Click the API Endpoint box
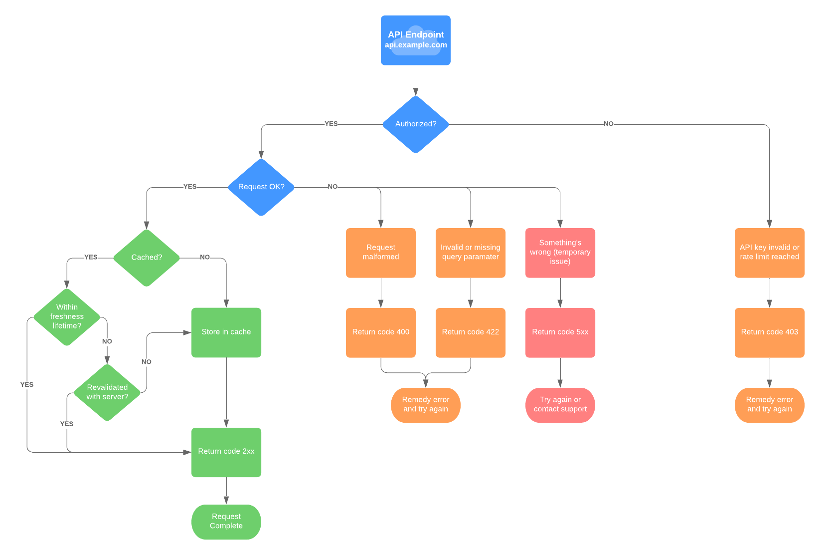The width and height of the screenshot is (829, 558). coord(415,40)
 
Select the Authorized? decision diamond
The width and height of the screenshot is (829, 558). coord(415,124)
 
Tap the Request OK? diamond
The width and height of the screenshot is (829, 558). coord(261,187)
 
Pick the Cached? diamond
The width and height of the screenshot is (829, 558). coord(147,258)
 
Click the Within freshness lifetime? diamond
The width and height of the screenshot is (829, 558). coord(67,317)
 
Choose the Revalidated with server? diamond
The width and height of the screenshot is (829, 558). coord(107,392)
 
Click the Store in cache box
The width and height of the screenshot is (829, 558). coord(226,332)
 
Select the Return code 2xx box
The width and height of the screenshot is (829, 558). coord(226,452)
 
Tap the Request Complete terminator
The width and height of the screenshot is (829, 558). coord(226,522)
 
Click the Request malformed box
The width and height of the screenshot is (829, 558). coord(381,253)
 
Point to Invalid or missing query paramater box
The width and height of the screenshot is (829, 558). coord(470,253)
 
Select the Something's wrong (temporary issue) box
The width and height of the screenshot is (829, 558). coord(560,253)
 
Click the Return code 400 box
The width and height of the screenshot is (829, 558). coord(381,332)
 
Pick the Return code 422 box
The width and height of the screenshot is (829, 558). coord(470,332)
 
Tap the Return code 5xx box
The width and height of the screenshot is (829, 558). coord(560,332)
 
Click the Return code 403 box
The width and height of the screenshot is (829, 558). coord(769,332)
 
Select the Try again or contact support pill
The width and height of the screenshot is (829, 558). coord(560,405)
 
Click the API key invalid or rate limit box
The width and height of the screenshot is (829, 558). coord(769,253)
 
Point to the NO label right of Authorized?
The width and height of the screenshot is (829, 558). coord(608,124)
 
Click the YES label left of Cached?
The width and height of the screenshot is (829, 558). coord(91,258)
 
